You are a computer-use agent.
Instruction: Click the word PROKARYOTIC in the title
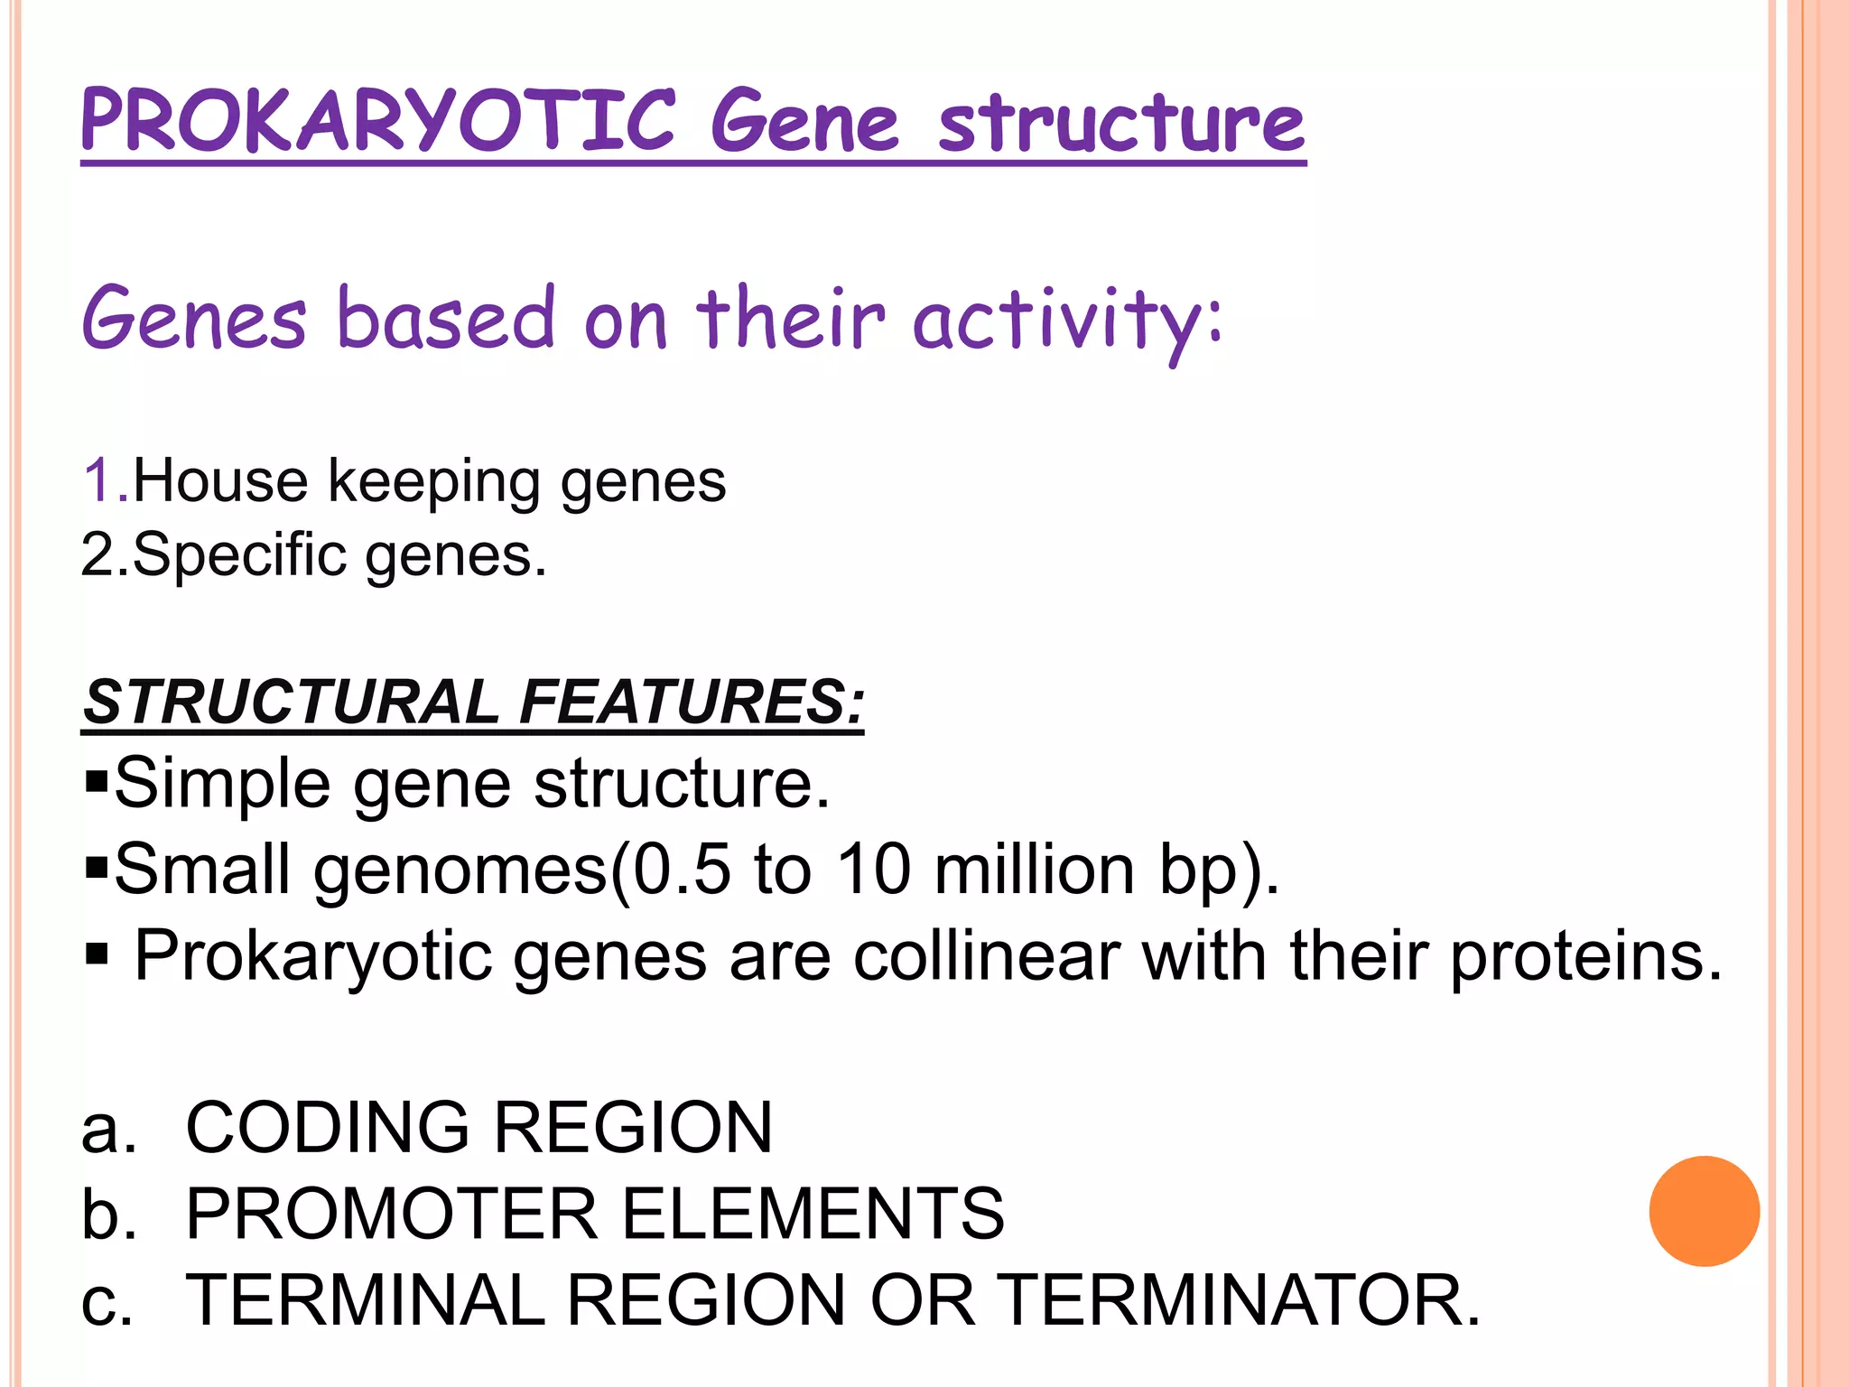377,122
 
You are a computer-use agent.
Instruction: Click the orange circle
1704,1211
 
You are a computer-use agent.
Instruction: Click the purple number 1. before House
105,479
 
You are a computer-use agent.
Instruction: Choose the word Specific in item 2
239,554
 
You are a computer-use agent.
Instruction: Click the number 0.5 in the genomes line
681,870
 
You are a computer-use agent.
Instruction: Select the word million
1034,870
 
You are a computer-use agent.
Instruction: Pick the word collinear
987,955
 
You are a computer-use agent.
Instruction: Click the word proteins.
1585,955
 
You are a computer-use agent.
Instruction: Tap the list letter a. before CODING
107,1129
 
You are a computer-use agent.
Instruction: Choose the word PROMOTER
392,1214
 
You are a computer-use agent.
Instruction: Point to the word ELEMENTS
813,1214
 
